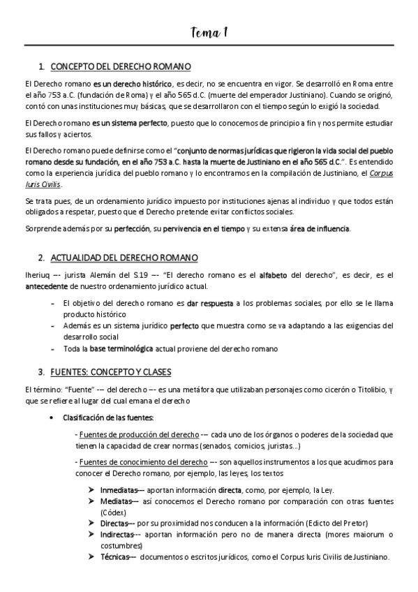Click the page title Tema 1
coord(209,32)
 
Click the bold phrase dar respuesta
coord(209,304)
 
